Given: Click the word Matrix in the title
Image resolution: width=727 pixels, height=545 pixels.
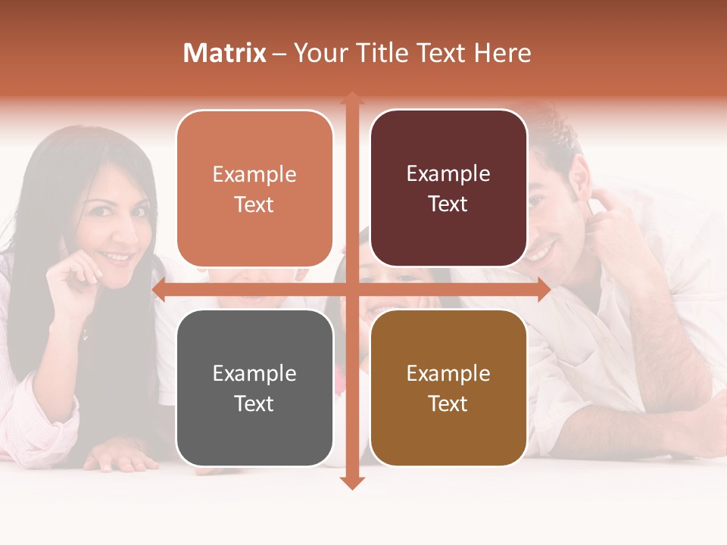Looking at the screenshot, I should tap(225, 53).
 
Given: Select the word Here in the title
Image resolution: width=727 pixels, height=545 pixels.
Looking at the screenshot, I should tap(502, 53).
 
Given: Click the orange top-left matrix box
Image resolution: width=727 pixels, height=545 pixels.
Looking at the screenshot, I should tap(254, 188).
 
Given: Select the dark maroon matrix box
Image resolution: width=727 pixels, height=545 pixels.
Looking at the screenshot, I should tap(448, 188).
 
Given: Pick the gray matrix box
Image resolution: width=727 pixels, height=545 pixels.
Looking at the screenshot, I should tap(254, 388).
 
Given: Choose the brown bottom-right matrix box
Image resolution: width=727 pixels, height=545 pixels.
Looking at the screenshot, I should tap(448, 388).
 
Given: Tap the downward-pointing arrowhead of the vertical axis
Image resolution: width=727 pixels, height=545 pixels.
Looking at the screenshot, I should tap(351, 483).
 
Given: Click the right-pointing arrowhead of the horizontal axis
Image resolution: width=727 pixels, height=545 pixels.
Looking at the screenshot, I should tap(544, 289).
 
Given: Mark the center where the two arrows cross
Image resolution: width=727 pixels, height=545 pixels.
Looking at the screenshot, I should tap(351, 289).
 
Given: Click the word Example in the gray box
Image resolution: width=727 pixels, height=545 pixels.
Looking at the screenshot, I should tap(254, 373).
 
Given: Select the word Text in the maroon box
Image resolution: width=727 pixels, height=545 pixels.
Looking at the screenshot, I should tap(448, 204).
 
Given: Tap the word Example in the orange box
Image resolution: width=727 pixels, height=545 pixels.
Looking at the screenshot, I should tap(254, 174).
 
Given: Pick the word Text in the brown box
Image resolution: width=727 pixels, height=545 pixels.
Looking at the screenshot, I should tap(448, 403).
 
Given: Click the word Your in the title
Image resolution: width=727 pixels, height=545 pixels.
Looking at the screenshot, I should tap(314, 53).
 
